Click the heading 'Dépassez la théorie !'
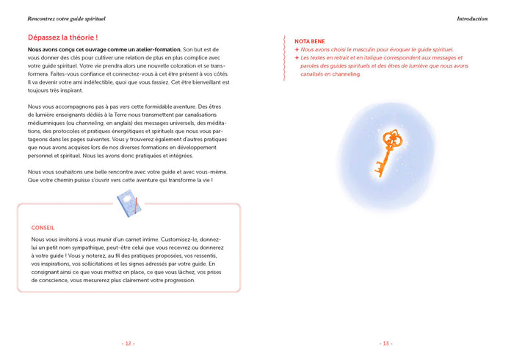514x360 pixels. tap(62, 37)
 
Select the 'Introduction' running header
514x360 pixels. tap(471, 18)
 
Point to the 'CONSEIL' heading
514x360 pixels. tap(43, 228)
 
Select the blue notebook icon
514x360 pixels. tap(128, 204)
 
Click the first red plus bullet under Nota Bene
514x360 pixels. tap(297, 49)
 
